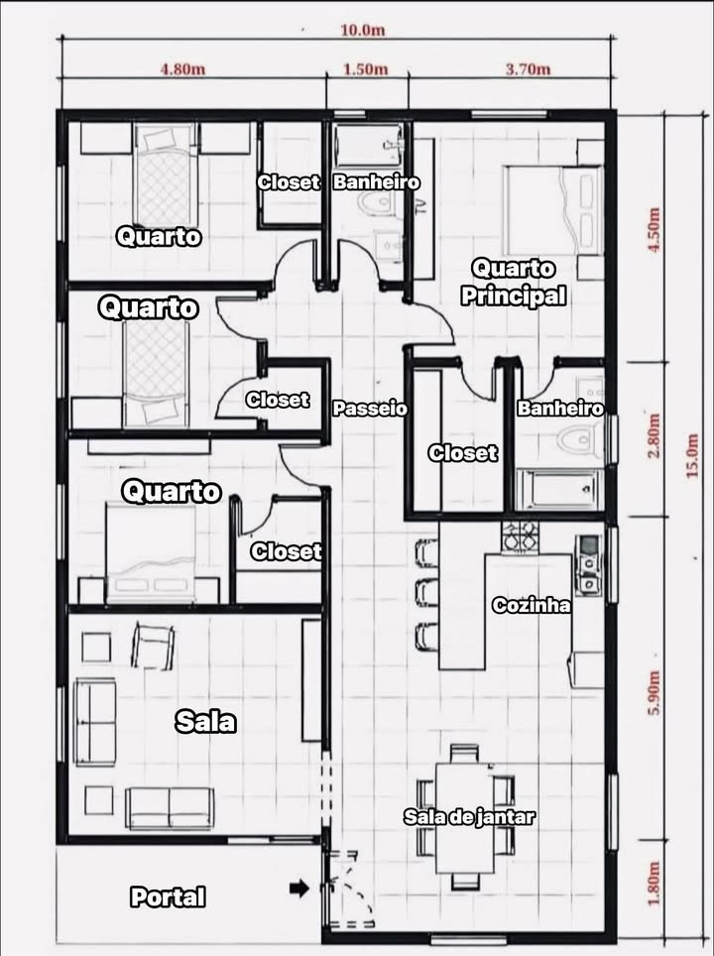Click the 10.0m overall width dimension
[362, 30]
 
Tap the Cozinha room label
[532, 605]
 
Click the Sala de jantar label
[469, 817]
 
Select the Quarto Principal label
[514, 282]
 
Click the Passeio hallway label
[369, 409]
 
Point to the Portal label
[169, 897]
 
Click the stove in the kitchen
[520, 537]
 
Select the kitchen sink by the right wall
[588, 565]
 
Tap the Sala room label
[205, 721]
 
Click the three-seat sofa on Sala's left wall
[95, 721]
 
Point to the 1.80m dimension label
[653, 887]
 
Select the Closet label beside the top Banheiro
[288, 182]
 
